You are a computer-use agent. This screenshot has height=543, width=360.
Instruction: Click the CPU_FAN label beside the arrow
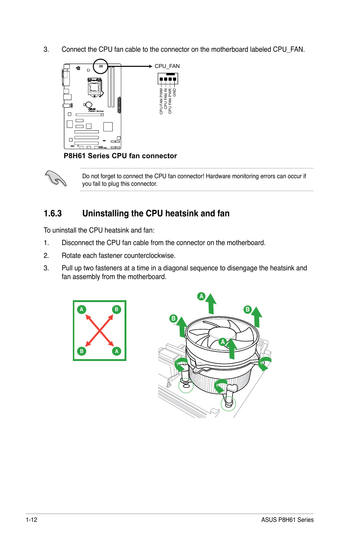point(167,66)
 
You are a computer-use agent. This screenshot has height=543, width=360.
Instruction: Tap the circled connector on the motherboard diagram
point(101,66)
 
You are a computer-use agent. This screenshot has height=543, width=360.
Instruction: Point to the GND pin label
point(174,93)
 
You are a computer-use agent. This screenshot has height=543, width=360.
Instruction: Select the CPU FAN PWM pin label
point(161,101)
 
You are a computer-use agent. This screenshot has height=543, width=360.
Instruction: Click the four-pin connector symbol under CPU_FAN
point(168,79)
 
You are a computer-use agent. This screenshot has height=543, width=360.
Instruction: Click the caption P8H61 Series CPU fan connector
point(120,156)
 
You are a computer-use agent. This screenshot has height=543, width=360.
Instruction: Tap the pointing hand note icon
point(55,178)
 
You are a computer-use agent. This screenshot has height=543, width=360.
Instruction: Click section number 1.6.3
point(52,213)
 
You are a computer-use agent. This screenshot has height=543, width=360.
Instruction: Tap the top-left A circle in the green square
point(82,310)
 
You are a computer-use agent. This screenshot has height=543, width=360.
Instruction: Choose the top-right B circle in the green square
point(117,310)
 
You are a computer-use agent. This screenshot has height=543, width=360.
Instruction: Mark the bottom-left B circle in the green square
point(82,351)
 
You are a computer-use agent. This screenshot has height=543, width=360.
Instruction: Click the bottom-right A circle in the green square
point(117,351)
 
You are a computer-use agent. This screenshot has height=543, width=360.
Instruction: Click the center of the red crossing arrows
point(99,331)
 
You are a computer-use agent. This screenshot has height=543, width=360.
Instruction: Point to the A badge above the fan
point(202,296)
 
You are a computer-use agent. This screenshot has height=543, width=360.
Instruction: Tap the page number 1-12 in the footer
point(32,520)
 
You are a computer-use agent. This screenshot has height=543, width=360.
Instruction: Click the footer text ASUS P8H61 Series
point(287,520)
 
